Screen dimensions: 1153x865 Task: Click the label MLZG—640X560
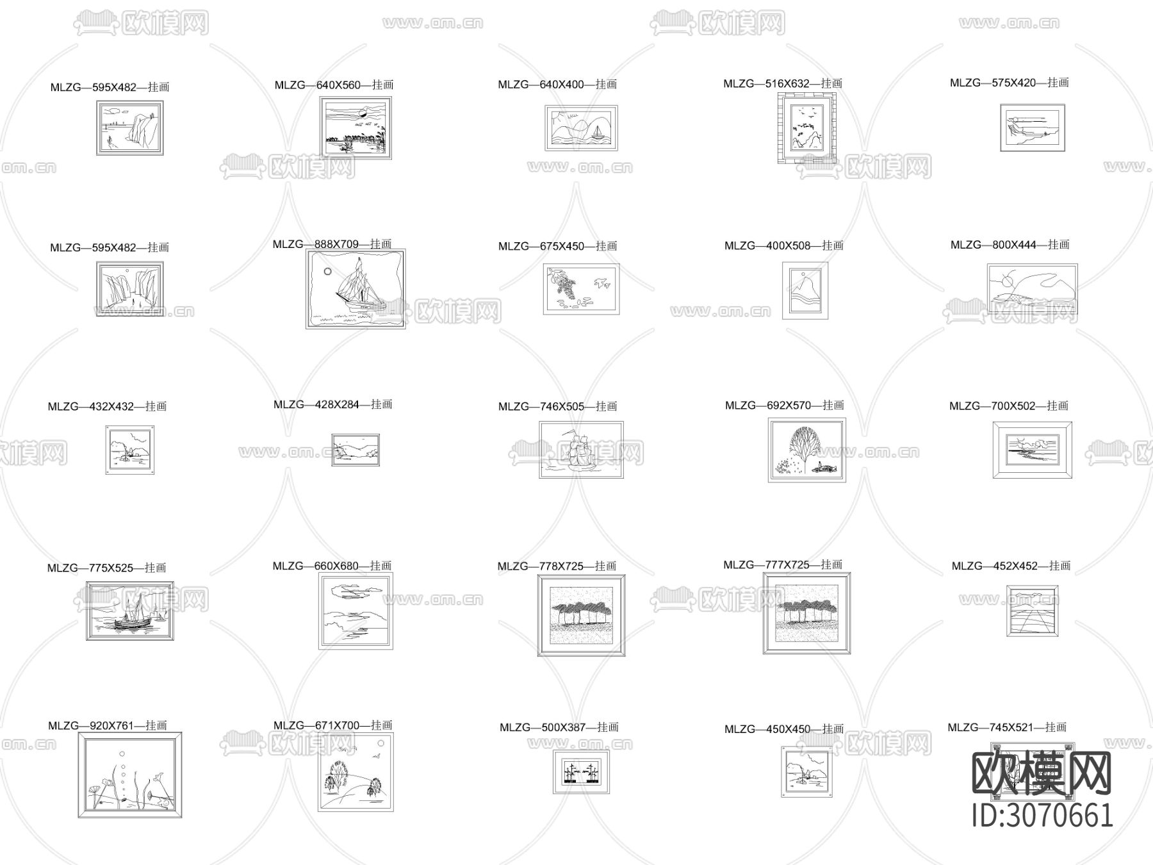point(334,85)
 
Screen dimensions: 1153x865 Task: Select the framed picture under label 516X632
point(808,128)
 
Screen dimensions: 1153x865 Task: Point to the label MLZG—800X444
point(1010,245)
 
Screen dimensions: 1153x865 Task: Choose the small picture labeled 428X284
point(356,450)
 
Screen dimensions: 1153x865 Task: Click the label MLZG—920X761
point(108,726)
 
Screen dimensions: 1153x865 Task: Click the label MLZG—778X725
point(557,566)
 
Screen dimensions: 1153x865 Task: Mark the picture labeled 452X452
point(1033,611)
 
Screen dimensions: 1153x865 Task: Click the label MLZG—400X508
point(784,245)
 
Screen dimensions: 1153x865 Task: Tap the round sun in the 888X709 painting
point(327,271)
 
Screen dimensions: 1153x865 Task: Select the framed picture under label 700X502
point(1033,450)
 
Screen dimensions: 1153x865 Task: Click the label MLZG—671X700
point(333,725)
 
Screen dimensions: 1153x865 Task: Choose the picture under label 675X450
point(582,289)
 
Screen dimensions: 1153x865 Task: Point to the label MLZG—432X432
point(108,406)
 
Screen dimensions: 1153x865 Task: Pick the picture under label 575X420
point(1033,128)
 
